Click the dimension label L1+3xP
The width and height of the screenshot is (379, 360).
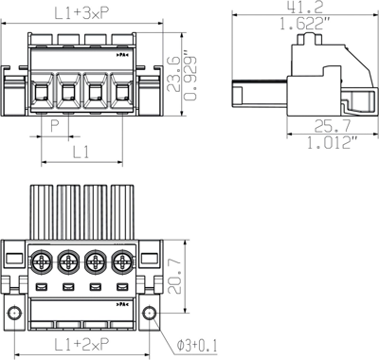coord(80,12)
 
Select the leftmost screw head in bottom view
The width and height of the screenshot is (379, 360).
coord(42,261)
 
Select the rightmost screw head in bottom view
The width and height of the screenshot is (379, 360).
coord(121,261)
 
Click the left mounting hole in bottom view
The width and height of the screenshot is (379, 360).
coord(14,314)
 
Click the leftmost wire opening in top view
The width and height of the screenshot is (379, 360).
coord(42,91)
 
